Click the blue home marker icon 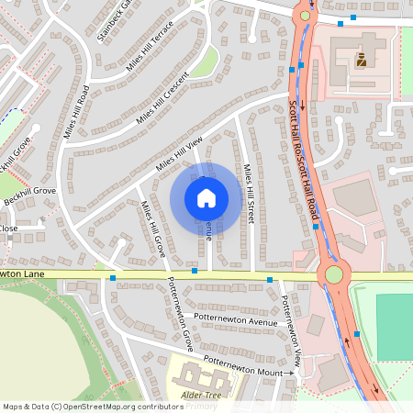click(x=206, y=197)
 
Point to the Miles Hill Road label click(x=76, y=112)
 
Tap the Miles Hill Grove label click(x=151, y=230)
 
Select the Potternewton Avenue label click(x=236, y=322)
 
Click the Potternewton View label click(x=291, y=327)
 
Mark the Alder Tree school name click(x=202, y=394)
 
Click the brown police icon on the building click(x=361, y=61)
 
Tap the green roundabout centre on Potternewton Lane click(x=334, y=273)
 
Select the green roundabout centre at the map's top click(x=305, y=16)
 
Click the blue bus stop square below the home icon click(x=195, y=271)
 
